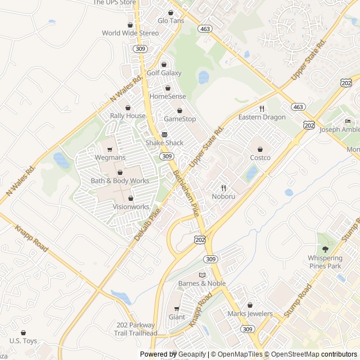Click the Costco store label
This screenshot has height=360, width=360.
pos(260,157)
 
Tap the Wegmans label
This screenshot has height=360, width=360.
pos(110,157)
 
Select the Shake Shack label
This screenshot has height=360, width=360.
pos(164,143)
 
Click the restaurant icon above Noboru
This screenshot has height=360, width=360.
pos(223,188)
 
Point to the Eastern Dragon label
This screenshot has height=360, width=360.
pos(262,117)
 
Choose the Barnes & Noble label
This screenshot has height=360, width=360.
pos(201,283)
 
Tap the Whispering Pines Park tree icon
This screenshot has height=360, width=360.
pos(325,249)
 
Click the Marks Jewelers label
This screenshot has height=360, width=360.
pos(250,313)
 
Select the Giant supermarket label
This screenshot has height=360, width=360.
pos(177,317)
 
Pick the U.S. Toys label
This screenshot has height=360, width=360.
pos(23,341)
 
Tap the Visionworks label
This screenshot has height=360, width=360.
pos(131,206)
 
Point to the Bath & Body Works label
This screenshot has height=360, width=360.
pos(120,181)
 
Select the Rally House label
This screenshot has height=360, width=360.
pos(128,116)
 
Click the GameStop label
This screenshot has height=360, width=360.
pos(179,119)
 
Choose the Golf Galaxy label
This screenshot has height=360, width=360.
pos(164,73)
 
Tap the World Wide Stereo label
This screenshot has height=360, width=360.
pos(130,33)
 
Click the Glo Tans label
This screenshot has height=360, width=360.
pos(170,20)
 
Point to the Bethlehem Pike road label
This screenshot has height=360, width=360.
pos(186,193)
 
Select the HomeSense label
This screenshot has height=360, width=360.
pos(168,96)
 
